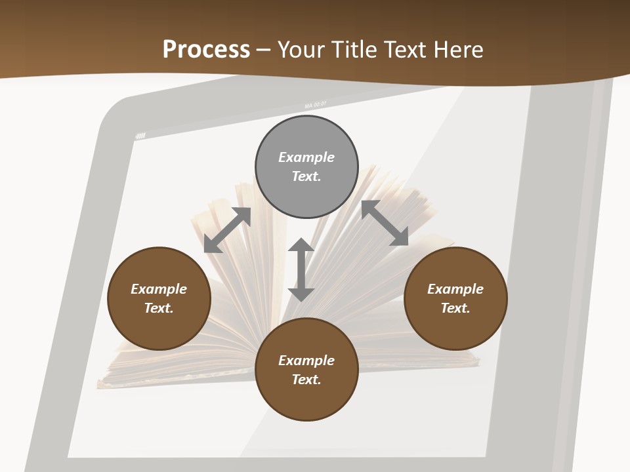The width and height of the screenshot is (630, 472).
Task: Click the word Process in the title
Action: (206, 50)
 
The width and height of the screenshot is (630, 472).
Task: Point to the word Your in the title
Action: (301, 50)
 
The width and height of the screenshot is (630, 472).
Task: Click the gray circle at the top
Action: (306, 138)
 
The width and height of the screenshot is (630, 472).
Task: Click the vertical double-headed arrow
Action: (301, 269)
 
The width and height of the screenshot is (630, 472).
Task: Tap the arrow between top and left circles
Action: (227, 230)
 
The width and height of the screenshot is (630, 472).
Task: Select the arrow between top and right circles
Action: (385, 223)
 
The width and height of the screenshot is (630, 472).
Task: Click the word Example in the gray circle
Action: (306, 157)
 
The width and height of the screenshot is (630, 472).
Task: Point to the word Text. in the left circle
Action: (159, 308)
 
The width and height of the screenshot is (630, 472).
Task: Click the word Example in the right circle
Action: (455, 289)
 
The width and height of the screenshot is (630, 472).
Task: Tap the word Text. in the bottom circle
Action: (306, 380)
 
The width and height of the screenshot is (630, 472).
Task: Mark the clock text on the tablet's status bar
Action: (315, 105)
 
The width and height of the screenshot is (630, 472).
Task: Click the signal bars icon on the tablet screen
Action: (140, 136)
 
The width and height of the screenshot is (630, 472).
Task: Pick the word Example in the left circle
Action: (159, 289)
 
